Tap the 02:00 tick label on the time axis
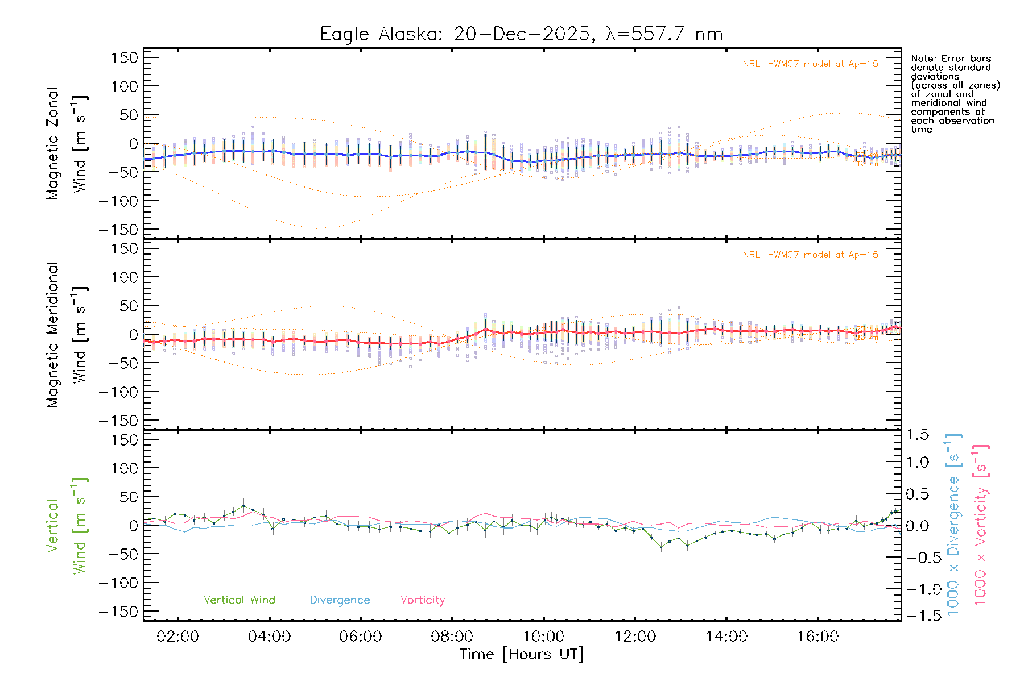click(x=177, y=637)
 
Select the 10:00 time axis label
click(x=543, y=637)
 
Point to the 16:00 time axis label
click(x=817, y=637)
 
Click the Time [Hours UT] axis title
click(x=522, y=654)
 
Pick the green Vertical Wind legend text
click(x=239, y=600)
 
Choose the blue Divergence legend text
click(x=340, y=600)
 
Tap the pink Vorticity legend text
click(x=422, y=600)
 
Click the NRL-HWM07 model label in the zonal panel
click(x=810, y=64)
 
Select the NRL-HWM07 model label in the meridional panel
click(x=810, y=255)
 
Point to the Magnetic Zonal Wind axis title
click(x=67, y=144)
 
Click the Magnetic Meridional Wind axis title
click(x=67, y=335)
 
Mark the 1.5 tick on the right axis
click(x=918, y=435)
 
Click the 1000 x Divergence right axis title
click(x=953, y=525)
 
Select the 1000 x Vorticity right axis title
click(x=980, y=525)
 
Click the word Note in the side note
click(x=922, y=59)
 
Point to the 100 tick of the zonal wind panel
click(x=124, y=86)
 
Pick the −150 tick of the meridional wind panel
click(x=118, y=421)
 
